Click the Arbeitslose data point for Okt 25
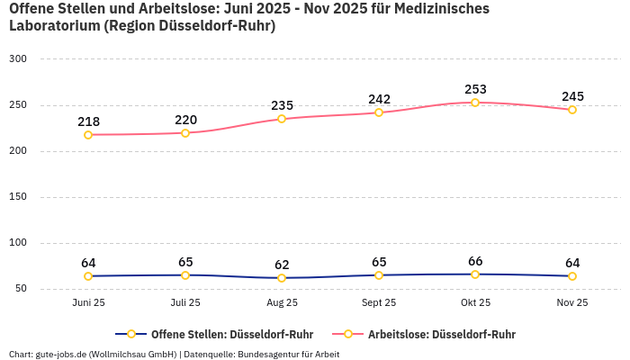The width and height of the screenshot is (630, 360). click(475, 103)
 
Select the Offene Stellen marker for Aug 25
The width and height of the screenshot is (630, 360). click(282, 278)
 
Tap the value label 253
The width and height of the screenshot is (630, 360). click(475, 89)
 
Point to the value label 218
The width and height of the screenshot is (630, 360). click(88, 121)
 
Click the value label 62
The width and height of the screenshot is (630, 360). click(282, 265)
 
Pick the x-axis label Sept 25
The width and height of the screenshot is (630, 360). click(379, 303)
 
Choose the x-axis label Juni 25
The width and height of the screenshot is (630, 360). click(88, 303)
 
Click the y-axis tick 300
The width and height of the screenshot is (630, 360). click(18, 59)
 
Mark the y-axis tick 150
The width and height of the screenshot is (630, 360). click(18, 197)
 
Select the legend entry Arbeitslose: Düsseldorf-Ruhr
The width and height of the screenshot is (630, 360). click(441, 334)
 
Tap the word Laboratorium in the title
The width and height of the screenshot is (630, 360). click(53, 26)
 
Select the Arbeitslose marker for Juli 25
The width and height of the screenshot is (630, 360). click(185, 133)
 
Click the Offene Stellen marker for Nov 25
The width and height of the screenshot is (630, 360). click(571, 276)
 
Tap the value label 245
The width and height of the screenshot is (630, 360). click(572, 96)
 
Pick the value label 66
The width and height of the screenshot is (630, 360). click(475, 261)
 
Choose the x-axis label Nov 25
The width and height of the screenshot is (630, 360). click(571, 303)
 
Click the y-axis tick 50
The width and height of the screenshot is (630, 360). click(21, 289)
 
